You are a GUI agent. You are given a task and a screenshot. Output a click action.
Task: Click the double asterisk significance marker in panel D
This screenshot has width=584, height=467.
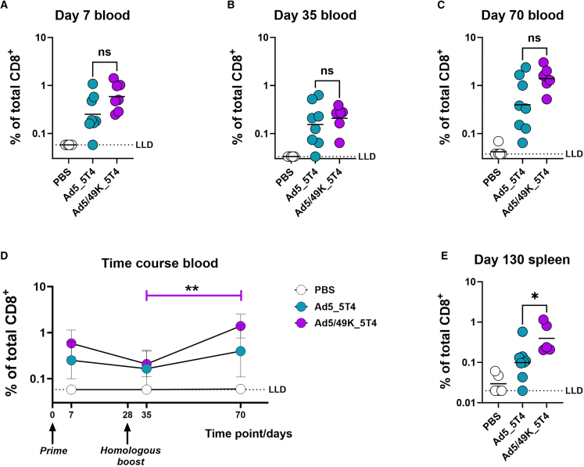(194, 288)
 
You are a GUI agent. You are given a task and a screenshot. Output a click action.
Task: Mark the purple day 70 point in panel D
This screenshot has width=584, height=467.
(242, 326)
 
